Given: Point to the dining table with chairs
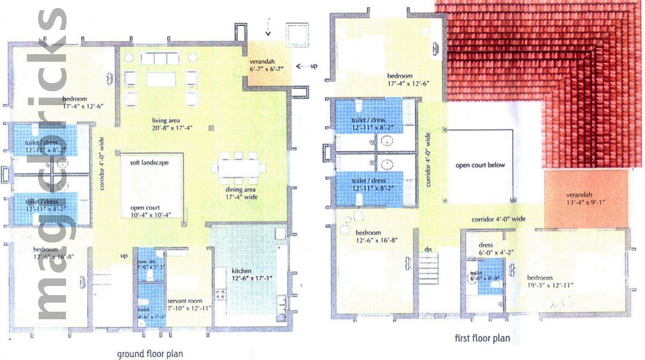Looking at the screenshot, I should click(238, 166).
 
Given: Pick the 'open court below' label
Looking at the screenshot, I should click(480, 165).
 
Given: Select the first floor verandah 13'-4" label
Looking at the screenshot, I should click(585, 198).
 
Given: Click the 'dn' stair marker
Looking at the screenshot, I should click(428, 249).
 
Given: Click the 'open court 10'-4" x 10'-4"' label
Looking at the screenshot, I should click(150, 211).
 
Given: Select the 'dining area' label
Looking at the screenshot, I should click(240, 193).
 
